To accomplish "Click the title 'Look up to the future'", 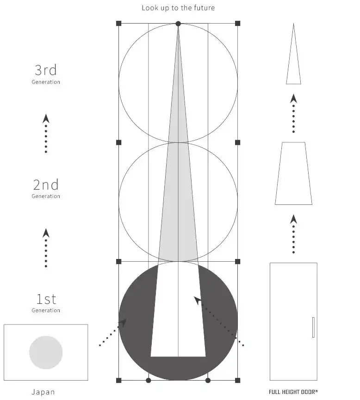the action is (178, 8).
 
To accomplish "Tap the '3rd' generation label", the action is (46, 70).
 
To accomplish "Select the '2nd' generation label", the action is (46, 185).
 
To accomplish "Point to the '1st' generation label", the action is (46, 299).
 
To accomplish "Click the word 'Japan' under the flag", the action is (43, 392).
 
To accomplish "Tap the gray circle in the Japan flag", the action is (46, 352).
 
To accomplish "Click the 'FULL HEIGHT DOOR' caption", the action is (293, 392).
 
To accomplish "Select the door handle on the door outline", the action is (313, 327).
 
